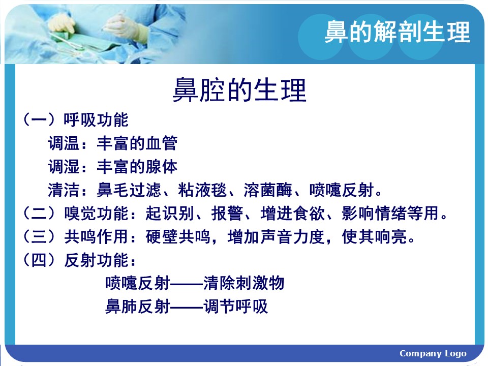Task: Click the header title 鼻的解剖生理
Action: click(397, 32)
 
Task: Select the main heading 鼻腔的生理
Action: click(239, 90)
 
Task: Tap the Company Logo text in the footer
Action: click(433, 354)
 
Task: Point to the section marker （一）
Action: click(40, 120)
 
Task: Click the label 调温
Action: click(64, 143)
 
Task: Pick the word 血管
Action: click(161, 143)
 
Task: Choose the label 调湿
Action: click(64, 167)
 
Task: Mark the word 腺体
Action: click(161, 167)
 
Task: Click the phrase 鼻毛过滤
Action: click(129, 190)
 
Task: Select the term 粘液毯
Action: click(202, 190)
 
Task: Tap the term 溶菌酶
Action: click(268, 190)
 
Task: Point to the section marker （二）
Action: click(40, 213)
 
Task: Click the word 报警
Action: click(227, 213)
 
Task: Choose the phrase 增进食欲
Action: click(293, 213)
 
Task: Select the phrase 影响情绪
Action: click(374, 213)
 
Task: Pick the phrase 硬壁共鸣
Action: click(178, 236)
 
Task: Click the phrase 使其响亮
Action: click(375, 236)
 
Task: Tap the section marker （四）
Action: click(40, 260)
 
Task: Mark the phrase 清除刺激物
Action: click(243, 283)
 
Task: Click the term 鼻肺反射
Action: click(138, 307)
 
